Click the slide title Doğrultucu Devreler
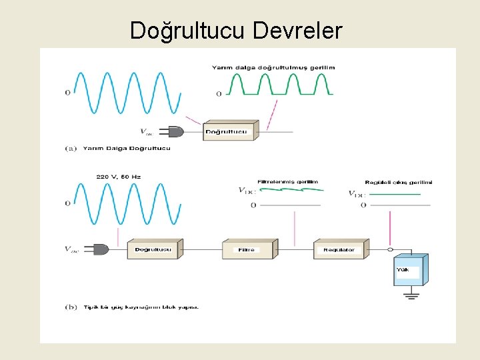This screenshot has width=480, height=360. [x=236, y=30]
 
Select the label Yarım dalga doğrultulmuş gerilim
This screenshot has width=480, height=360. [x=273, y=67]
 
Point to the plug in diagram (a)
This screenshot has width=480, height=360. [x=175, y=131]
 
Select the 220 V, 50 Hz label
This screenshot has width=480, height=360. [x=119, y=177]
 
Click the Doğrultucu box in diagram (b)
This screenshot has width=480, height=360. [x=153, y=249]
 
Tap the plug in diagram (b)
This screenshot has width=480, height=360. [x=100, y=249]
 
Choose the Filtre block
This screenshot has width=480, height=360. [x=247, y=249]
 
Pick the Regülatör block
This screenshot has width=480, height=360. [x=339, y=249]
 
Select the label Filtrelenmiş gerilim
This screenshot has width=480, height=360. [x=287, y=181]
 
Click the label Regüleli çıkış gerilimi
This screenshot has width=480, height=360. [x=399, y=182]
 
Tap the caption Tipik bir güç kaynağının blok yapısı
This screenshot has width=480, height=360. [x=141, y=307]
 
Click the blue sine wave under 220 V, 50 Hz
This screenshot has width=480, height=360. [x=127, y=203]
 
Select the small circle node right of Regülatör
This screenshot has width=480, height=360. [x=391, y=250]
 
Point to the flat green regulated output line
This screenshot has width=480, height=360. [x=393, y=194]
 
